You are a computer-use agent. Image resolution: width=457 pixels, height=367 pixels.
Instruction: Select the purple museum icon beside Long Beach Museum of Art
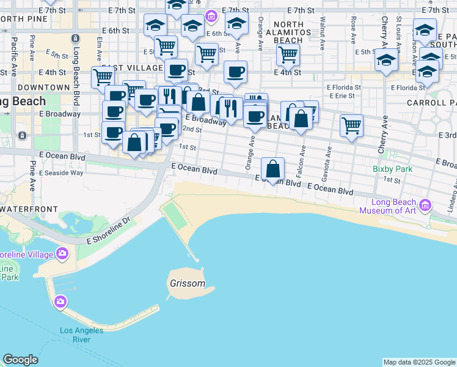tap(426, 204)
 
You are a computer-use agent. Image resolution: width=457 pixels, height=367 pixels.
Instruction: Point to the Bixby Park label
tap(392, 169)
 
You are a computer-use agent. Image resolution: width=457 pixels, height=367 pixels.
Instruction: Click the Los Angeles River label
tap(83, 335)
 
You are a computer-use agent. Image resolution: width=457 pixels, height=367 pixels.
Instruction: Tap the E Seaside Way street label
tap(61, 172)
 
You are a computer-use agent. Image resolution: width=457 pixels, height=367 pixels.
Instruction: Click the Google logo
tap(20, 360)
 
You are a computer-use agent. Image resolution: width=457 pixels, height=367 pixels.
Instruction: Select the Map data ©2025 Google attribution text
tap(419, 362)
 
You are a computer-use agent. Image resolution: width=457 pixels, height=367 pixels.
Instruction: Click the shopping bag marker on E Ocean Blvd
tap(273, 168)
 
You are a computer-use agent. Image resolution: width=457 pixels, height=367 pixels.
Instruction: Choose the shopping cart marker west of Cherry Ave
tap(351, 125)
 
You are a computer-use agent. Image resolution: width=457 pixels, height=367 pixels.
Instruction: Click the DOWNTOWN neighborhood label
tap(43, 87)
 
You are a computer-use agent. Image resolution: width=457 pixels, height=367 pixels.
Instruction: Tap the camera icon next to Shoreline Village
tap(62, 253)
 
